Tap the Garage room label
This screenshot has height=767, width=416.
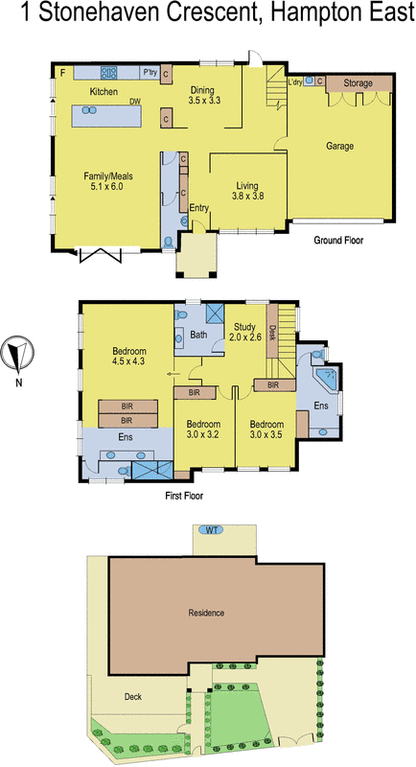tap(340, 147)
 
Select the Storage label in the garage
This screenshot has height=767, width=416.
tap(358, 83)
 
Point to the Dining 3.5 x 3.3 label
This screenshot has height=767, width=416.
tap(204, 94)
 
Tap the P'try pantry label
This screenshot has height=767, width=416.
tap(149, 72)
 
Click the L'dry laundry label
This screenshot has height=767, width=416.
tap(294, 82)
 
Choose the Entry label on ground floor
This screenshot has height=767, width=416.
tap(199, 207)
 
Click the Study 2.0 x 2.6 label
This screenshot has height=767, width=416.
tap(245, 332)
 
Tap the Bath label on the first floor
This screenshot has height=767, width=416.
tap(198, 335)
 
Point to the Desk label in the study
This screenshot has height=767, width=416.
tap(273, 332)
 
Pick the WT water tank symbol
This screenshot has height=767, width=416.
tap(209, 530)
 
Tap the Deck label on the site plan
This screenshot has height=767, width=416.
tap(133, 697)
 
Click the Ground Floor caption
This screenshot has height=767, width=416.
tap(339, 241)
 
